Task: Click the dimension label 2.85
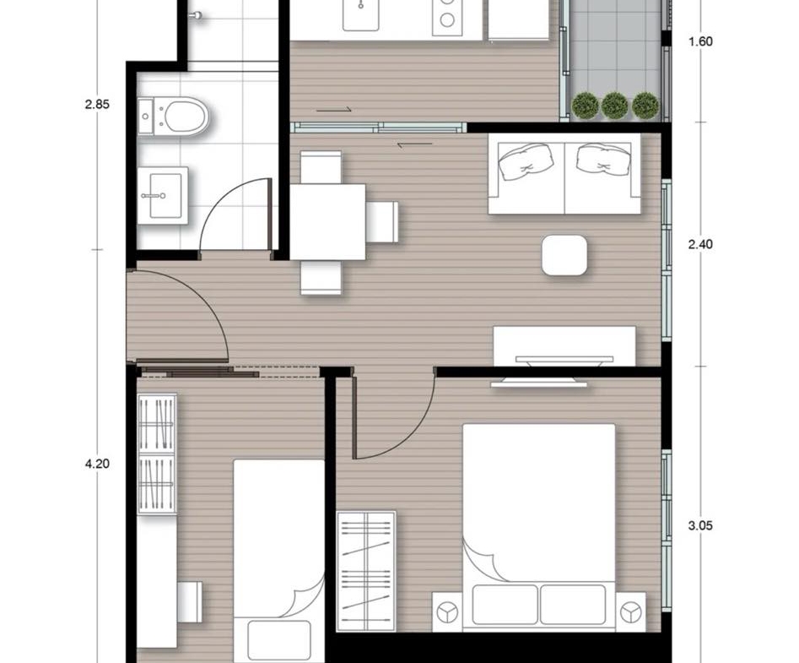coord(97,105)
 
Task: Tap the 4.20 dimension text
coord(97,465)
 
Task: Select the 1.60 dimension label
coord(700,42)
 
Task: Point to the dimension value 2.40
coord(700,245)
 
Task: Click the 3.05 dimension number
coord(700,526)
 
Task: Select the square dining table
coord(327,222)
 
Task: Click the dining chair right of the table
coord(381,222)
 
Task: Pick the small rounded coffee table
coord(564,255)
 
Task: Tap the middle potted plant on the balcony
coord(614,106)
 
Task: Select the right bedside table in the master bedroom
coord(631,612)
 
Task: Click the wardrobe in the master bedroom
coord(366,571)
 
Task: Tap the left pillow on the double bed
coord(505,605)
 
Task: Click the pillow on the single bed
coord(278,641)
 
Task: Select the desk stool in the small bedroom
coord(190,602)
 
